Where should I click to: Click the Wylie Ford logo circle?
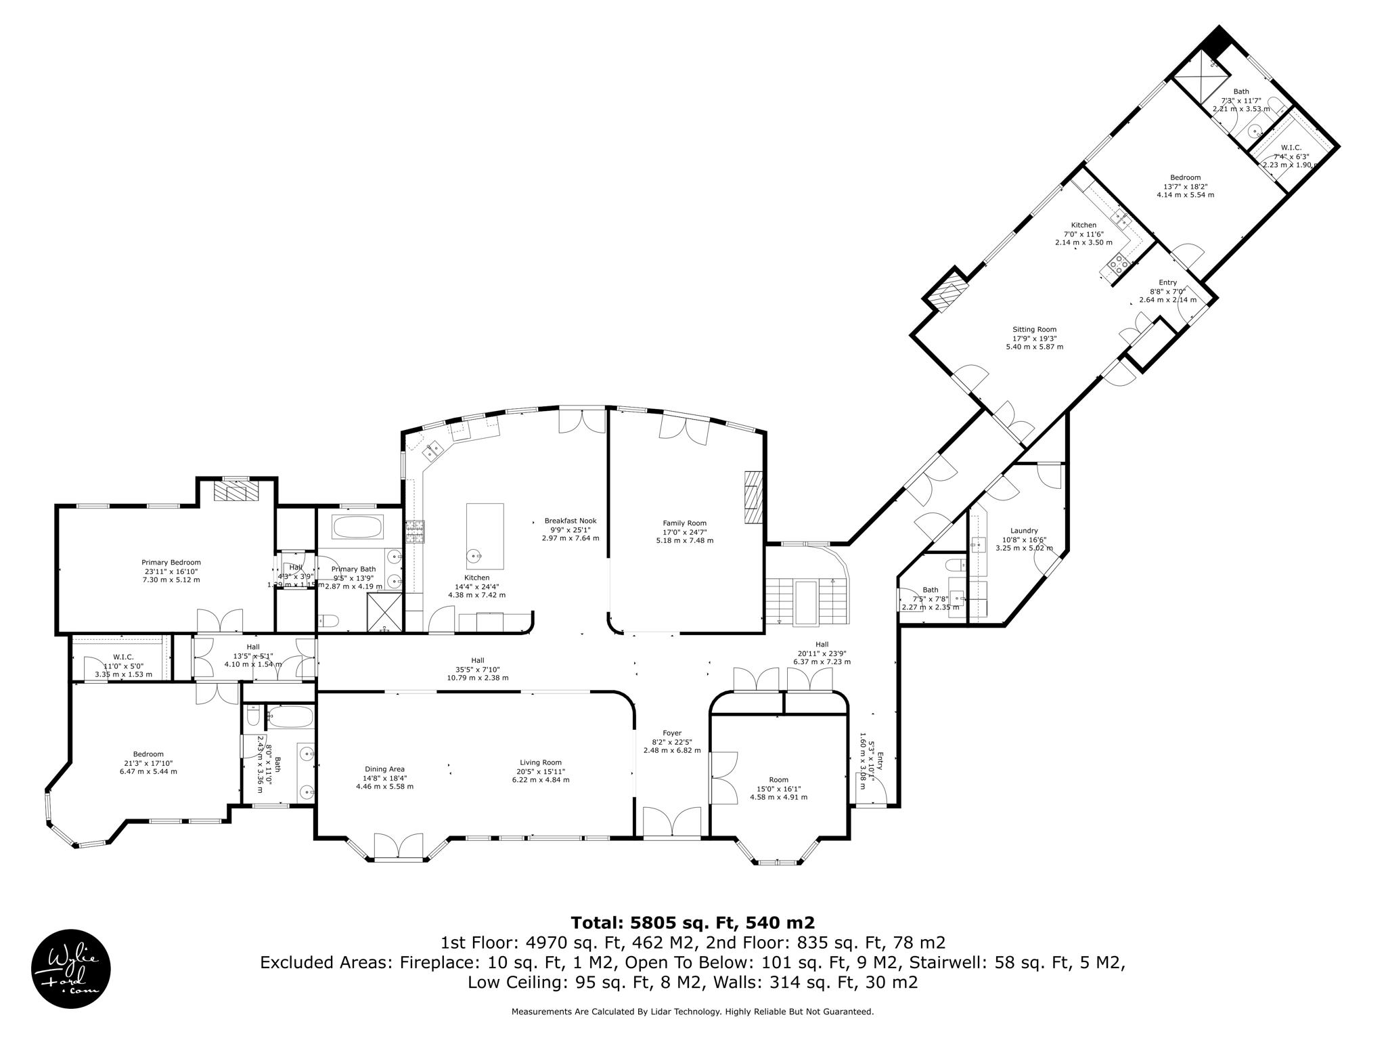(x=71, y=968)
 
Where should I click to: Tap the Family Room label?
(x=684, y=523)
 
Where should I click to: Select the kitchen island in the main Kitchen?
(x=485, y=536)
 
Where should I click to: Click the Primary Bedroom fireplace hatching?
(x=236, y=491)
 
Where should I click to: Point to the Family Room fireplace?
(x=753, y=498)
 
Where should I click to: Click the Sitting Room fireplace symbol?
(x=947, y=290)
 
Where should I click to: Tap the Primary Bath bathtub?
(x=357, y=526)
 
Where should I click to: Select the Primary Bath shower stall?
(x=384, y=611)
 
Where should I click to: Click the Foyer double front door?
(x=671, y=823)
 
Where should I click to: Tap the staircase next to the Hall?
(x=806, y=601)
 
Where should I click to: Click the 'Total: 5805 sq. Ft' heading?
(x=692, y=923)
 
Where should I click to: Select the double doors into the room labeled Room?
(x=723, y=777)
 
